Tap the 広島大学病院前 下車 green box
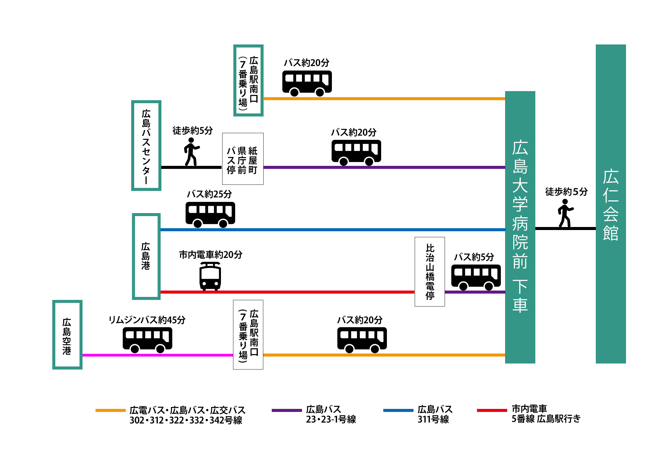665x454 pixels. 520,227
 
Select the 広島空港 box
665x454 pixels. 67,335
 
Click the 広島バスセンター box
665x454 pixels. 146,146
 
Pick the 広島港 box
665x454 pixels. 146,256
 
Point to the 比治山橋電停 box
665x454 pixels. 430,271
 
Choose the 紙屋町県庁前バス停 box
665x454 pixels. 242,159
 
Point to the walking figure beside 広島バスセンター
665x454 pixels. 191,152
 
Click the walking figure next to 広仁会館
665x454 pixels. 565,213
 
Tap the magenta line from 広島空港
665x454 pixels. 157,355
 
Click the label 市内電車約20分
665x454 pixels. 210,255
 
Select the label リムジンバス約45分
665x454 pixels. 147,320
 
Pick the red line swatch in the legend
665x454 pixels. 492,410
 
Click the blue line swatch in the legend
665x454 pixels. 398,410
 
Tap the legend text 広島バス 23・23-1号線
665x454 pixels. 331,414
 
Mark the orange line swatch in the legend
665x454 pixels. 110,410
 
